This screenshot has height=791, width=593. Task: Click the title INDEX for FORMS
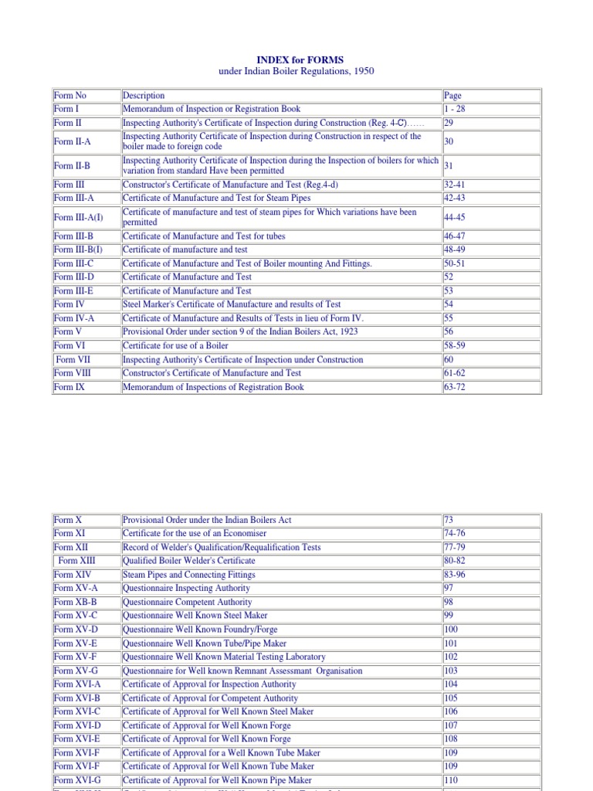point(300,59)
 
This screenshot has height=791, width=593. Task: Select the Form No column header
point(69,96)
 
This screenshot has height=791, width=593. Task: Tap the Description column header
point(144,96)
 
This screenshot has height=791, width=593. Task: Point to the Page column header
point(452,96)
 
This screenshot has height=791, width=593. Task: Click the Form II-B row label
point(73,165)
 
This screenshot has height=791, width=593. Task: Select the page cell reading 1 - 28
point(455,109)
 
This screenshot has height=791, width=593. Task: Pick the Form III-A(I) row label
point(78,217)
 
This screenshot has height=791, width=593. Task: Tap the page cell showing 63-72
point(455,387)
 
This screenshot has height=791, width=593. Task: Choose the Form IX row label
point(70,387)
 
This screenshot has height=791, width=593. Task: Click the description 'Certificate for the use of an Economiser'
point(195,534)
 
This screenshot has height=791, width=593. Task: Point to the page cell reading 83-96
point(455,575)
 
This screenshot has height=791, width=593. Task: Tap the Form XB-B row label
point(76,602)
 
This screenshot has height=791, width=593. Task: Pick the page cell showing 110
point(451,780)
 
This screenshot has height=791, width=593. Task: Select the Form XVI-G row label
point(77,780)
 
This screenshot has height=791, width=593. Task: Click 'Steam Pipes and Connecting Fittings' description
point(189,575)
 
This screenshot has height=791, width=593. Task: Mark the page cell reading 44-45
point(455,217)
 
